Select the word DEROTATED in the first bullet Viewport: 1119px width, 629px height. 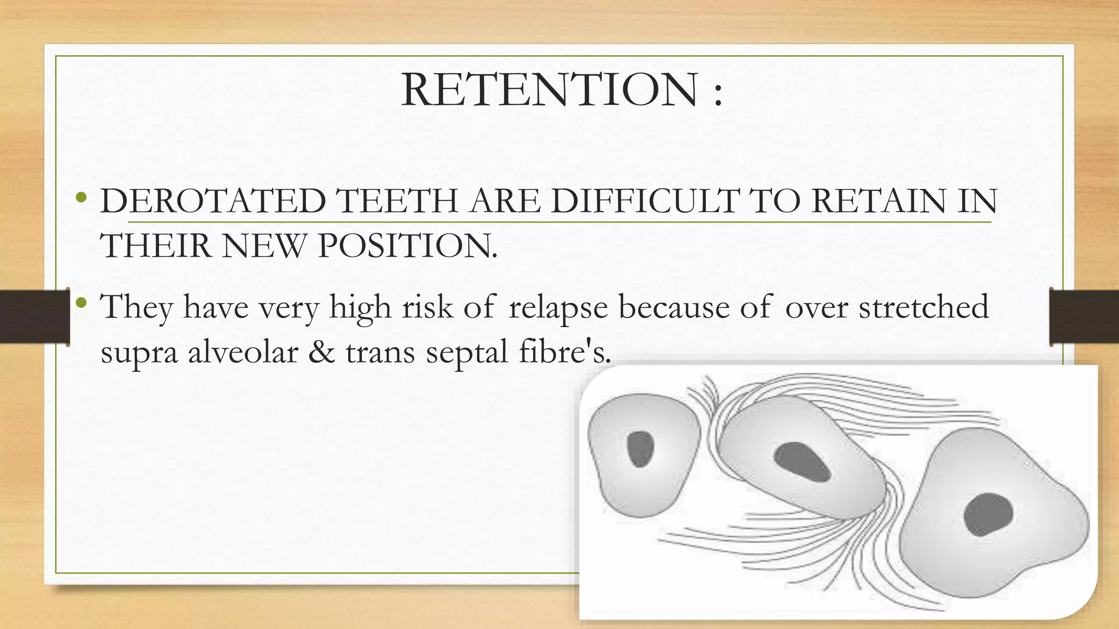[x=213, y=201]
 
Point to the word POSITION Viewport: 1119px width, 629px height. [x=408, y=246]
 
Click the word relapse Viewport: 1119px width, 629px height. [x=558, y=307]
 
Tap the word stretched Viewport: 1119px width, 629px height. [x=923, y=306]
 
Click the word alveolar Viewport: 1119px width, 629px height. [x=243, y=352]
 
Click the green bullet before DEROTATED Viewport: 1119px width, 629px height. [x=81, y=197]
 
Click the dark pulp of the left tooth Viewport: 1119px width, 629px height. [x=640, y=449]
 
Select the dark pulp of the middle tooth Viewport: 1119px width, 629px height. [x=802, y=462]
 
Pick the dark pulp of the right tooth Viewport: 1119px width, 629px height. [x=987, y=514]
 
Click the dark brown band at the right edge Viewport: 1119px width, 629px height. [x=1085, y=317]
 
